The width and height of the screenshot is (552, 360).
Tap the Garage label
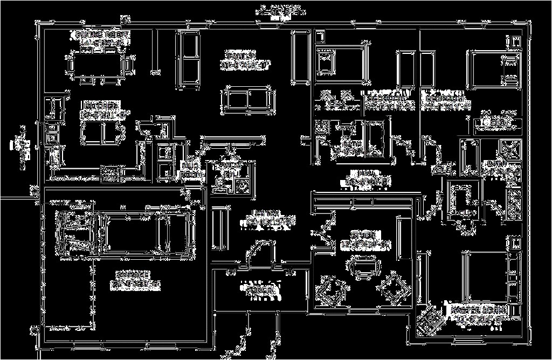[x=135, y=278]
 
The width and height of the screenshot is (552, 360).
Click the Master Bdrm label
[x=473, y=315]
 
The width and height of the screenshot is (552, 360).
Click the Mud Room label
[x=191, y=170]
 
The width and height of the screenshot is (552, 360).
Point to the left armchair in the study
[x=329, y=291]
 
